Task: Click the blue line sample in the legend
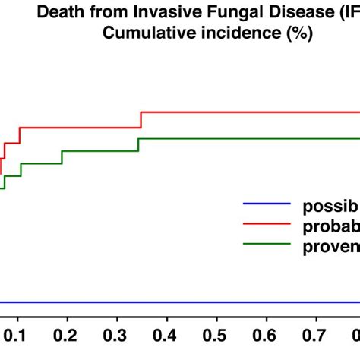(x=266, y=204)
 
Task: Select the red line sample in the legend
(x=266, y=224)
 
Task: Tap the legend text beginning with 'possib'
(x=330, y=205)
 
